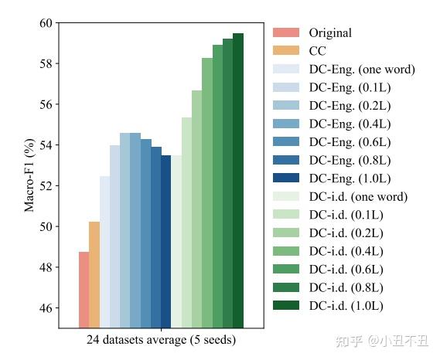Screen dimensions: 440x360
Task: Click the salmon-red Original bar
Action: pyautogui.click(x=84, y=290)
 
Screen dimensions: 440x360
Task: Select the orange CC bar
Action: pyautogui.click(x=94, y=275)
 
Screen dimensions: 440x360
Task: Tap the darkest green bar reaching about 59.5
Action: pyautogui.click(x=238, y=181)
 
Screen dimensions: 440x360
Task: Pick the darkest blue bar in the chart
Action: pyautogui.click(x=165, y=241)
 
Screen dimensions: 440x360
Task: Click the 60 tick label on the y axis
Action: pyautogui.click(x=46, y=23)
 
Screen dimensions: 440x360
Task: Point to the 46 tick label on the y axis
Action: pyautogui.click(x=46, y=308)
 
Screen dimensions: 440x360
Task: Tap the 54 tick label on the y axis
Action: pyautogui.click(x=46, y=145)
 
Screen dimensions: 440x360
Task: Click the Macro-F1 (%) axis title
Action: pyautogui.click(x=29, y=175)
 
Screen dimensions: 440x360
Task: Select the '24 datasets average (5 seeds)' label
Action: pyautogui.click(x=161, y=340)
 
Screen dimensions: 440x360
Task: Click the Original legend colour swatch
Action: pyautogui.click(x=286, y=32)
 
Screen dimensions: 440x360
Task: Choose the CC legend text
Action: pyautogui.click(x=317, y=51)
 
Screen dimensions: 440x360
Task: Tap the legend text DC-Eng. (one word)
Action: pyautogui.click(x=362, y=70)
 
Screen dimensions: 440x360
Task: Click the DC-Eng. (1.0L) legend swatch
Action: pyautogui.click(x=286, y=178)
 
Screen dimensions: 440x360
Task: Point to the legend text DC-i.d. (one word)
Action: pyautogui.click(x=358, y=196)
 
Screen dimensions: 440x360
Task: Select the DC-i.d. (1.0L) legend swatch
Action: pyautogui.click(x=286, y=305)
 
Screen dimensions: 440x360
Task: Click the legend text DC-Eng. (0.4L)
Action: pyautogui.click(x=350, y=124)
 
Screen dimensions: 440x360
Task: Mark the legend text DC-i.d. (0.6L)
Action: pyautogui.click(x=346, y=269)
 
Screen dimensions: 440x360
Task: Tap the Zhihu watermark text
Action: pyautogui.click(x=382, y=341)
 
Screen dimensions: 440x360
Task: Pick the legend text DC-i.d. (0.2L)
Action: pyautogui.click(x=346, y=233)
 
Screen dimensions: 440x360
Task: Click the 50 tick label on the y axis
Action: pyautogui.click(x=46, y=226)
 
